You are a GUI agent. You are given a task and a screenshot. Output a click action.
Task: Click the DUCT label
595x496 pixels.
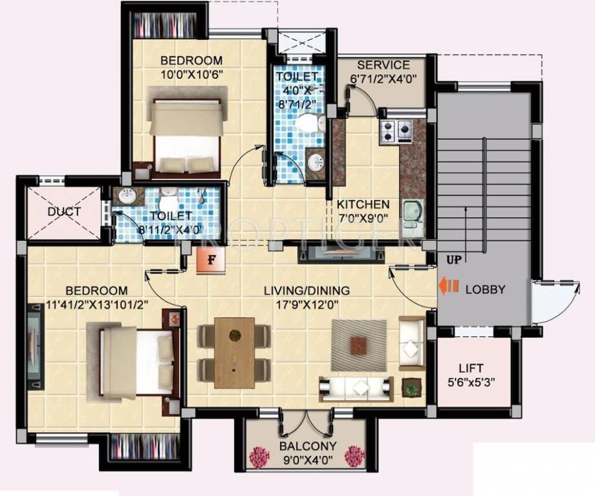coord(64,212)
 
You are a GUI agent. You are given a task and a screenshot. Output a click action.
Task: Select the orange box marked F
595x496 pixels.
coord(210,261)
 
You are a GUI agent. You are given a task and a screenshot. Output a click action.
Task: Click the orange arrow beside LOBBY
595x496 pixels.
coord(449,285)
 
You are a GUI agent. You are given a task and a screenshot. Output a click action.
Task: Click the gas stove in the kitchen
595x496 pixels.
coord(395,131)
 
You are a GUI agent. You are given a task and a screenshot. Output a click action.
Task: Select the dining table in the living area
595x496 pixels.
coord(234,347)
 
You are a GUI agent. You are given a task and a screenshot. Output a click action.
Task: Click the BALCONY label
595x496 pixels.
coord(307,446)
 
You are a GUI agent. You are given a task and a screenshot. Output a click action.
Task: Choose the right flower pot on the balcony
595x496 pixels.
coord(354,456)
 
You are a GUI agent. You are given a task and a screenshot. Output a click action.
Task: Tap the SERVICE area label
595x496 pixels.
coord(384,65)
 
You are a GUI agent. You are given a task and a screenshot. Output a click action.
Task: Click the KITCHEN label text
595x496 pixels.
coord(363,204)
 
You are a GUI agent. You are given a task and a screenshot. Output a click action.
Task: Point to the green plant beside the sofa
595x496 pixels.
coord(410,388)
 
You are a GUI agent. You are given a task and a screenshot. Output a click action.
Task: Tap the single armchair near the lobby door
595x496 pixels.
coord(411,342)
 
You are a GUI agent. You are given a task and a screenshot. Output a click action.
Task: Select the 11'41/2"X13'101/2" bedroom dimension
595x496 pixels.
coord(87,304)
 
